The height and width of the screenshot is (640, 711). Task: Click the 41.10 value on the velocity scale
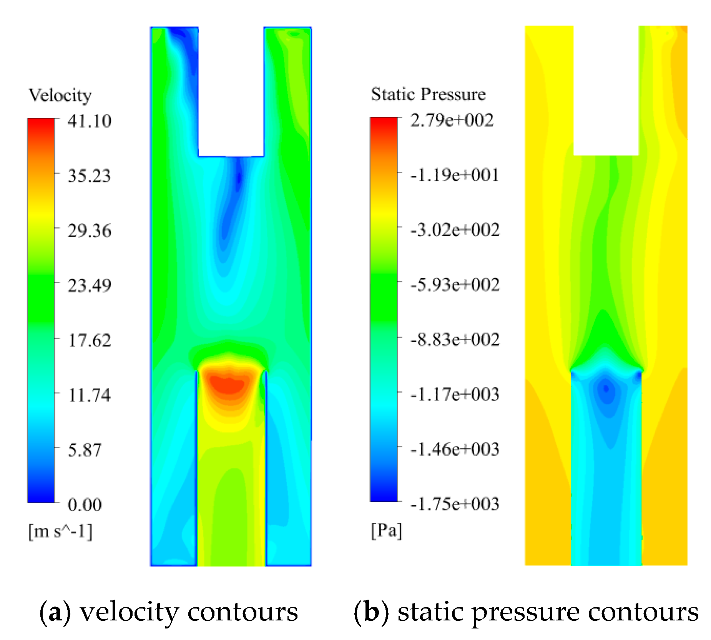pos(89,121)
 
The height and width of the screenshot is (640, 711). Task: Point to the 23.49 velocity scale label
pos(89,285)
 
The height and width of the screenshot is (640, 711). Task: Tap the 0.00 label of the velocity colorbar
pos(85,505)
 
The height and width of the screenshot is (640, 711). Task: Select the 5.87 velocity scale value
pos(85,450)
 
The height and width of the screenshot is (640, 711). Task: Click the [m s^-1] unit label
pos(60,532)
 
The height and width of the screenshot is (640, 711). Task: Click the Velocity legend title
pos(60,95)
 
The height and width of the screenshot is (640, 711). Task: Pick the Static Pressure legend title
pos(428,95)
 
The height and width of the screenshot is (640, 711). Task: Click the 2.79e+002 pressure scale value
pos(452,120)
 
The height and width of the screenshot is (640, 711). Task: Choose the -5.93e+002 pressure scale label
pos(455,285)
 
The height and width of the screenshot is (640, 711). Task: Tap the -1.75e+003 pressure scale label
pos(455,504)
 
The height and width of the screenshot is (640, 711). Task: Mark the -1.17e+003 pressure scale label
pos(455,395)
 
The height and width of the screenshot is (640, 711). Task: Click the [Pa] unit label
pos(386,531)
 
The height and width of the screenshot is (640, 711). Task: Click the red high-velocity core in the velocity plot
pos(228,385)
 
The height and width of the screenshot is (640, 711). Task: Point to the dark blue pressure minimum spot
pos(606,389)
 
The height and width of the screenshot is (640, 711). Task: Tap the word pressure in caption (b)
pos(525,612)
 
